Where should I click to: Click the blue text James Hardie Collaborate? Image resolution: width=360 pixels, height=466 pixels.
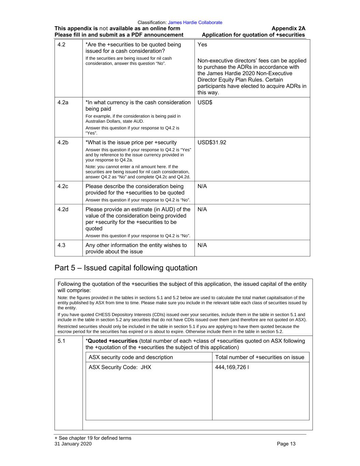point(195,23)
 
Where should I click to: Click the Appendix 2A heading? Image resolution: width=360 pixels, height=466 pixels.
point(288,28)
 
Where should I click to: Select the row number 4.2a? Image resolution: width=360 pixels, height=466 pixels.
point(63,102)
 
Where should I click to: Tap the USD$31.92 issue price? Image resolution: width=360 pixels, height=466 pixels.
point(212,142)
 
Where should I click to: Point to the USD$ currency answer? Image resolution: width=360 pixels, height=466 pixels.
point(205,102)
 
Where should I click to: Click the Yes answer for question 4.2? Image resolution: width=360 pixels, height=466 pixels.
point(202,45)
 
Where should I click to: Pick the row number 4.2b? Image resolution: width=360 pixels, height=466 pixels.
point(63,142)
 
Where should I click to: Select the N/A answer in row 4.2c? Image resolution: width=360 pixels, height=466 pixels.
point(202,186)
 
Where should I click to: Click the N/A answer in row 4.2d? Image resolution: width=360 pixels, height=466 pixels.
point(202,209)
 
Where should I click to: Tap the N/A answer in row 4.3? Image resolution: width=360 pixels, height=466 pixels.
point(202,245)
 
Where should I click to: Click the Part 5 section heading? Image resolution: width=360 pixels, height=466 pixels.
point(126,268)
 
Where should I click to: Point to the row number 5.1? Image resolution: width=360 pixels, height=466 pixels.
point(61,341)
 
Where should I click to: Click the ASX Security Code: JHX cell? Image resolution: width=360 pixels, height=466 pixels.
point(120,367)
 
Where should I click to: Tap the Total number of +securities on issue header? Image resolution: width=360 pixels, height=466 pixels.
point(260,357)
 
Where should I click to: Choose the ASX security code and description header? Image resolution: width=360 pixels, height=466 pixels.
point(131,357)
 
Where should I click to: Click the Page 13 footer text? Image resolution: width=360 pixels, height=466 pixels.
point(286,444)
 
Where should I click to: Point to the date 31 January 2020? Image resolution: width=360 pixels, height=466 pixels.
point(73,444)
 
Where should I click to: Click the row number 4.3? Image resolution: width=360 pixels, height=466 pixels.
point(61,245)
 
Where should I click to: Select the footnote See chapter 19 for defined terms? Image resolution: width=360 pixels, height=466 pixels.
point(93,438)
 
